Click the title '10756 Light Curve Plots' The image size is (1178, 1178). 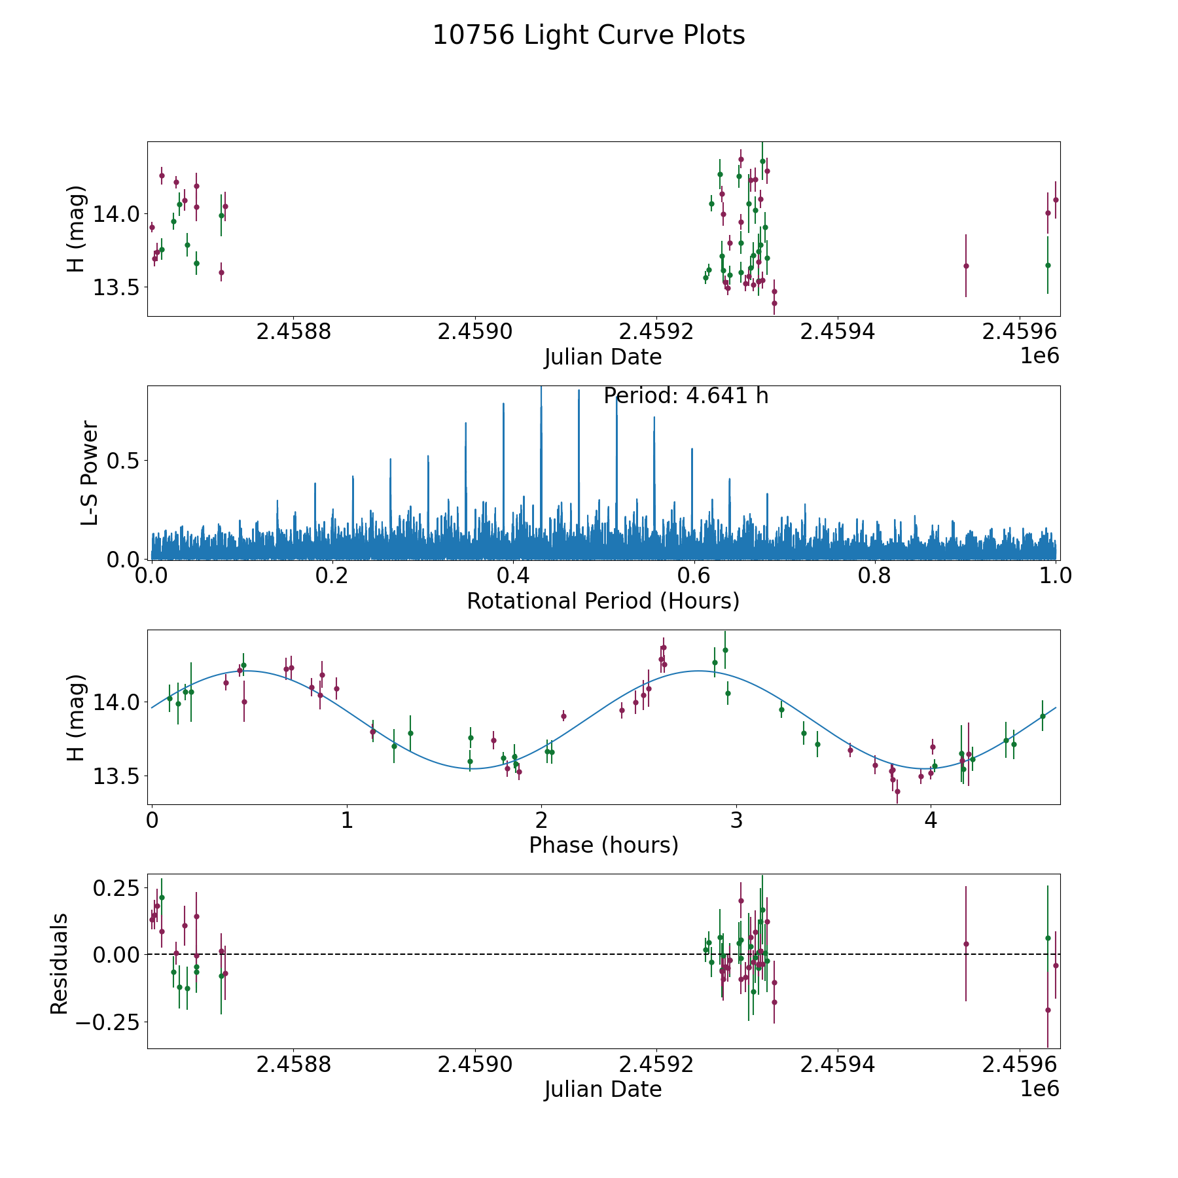click(588, 35)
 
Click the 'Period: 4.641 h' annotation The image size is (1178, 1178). click(685, 396)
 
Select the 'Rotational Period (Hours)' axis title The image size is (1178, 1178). click(603, 601)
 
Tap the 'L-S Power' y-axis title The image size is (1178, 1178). click(90, 473)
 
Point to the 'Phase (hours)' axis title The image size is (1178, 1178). click(603, 846)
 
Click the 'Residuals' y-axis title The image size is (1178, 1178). click(60, 963)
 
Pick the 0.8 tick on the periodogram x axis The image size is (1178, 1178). click(875, 576)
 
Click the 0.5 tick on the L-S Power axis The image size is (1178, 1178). click(124, 461)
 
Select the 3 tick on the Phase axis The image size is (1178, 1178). click(736, 820)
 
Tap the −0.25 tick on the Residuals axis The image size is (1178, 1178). click(108, 1022)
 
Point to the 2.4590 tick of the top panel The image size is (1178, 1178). click(475, 332)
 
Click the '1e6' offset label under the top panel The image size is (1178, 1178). click(1039, 355)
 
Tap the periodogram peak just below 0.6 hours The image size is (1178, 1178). click(692, 450)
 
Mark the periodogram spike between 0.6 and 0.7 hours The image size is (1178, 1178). click(729, 480)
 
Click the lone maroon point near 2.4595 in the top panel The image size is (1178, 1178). click(966, 266)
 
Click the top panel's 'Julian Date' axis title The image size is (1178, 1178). click(603, 357)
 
